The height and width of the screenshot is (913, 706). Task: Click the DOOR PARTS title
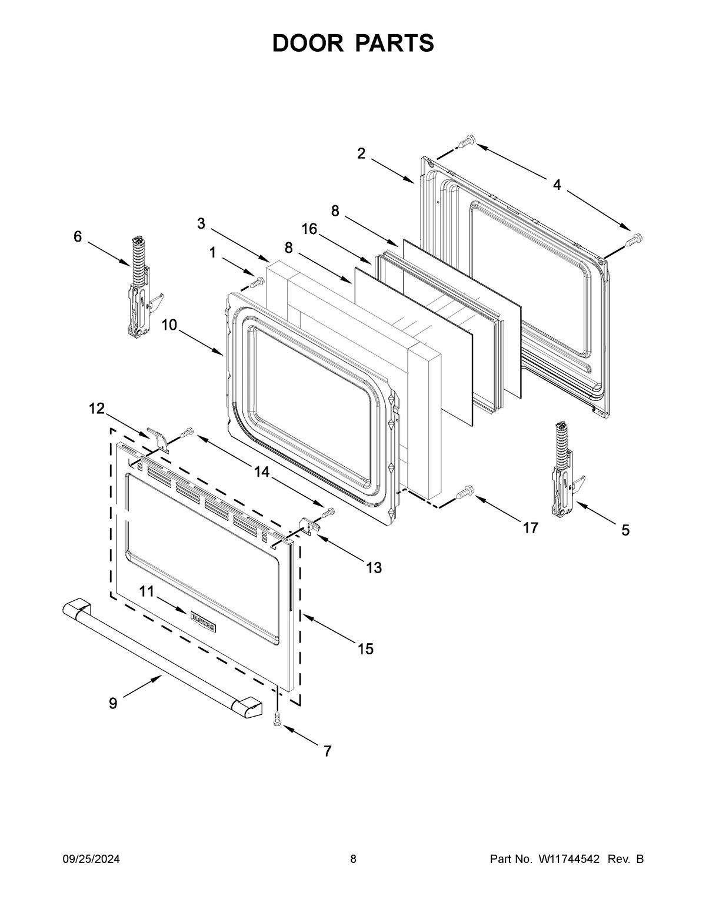353,44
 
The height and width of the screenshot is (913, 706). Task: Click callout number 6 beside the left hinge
78,236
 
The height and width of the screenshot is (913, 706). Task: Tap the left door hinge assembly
139,288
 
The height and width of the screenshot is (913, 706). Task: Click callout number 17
530,528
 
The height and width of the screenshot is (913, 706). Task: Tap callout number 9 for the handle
113,703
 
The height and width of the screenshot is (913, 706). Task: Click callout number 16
309,229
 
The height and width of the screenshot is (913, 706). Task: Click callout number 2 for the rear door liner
361,153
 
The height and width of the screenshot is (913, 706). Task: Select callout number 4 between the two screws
556,185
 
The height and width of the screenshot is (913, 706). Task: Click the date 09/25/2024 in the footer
91,859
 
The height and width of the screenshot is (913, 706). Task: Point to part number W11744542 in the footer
568,859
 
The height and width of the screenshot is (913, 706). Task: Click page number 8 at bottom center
353,859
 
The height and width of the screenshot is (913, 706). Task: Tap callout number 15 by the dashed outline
365,648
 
